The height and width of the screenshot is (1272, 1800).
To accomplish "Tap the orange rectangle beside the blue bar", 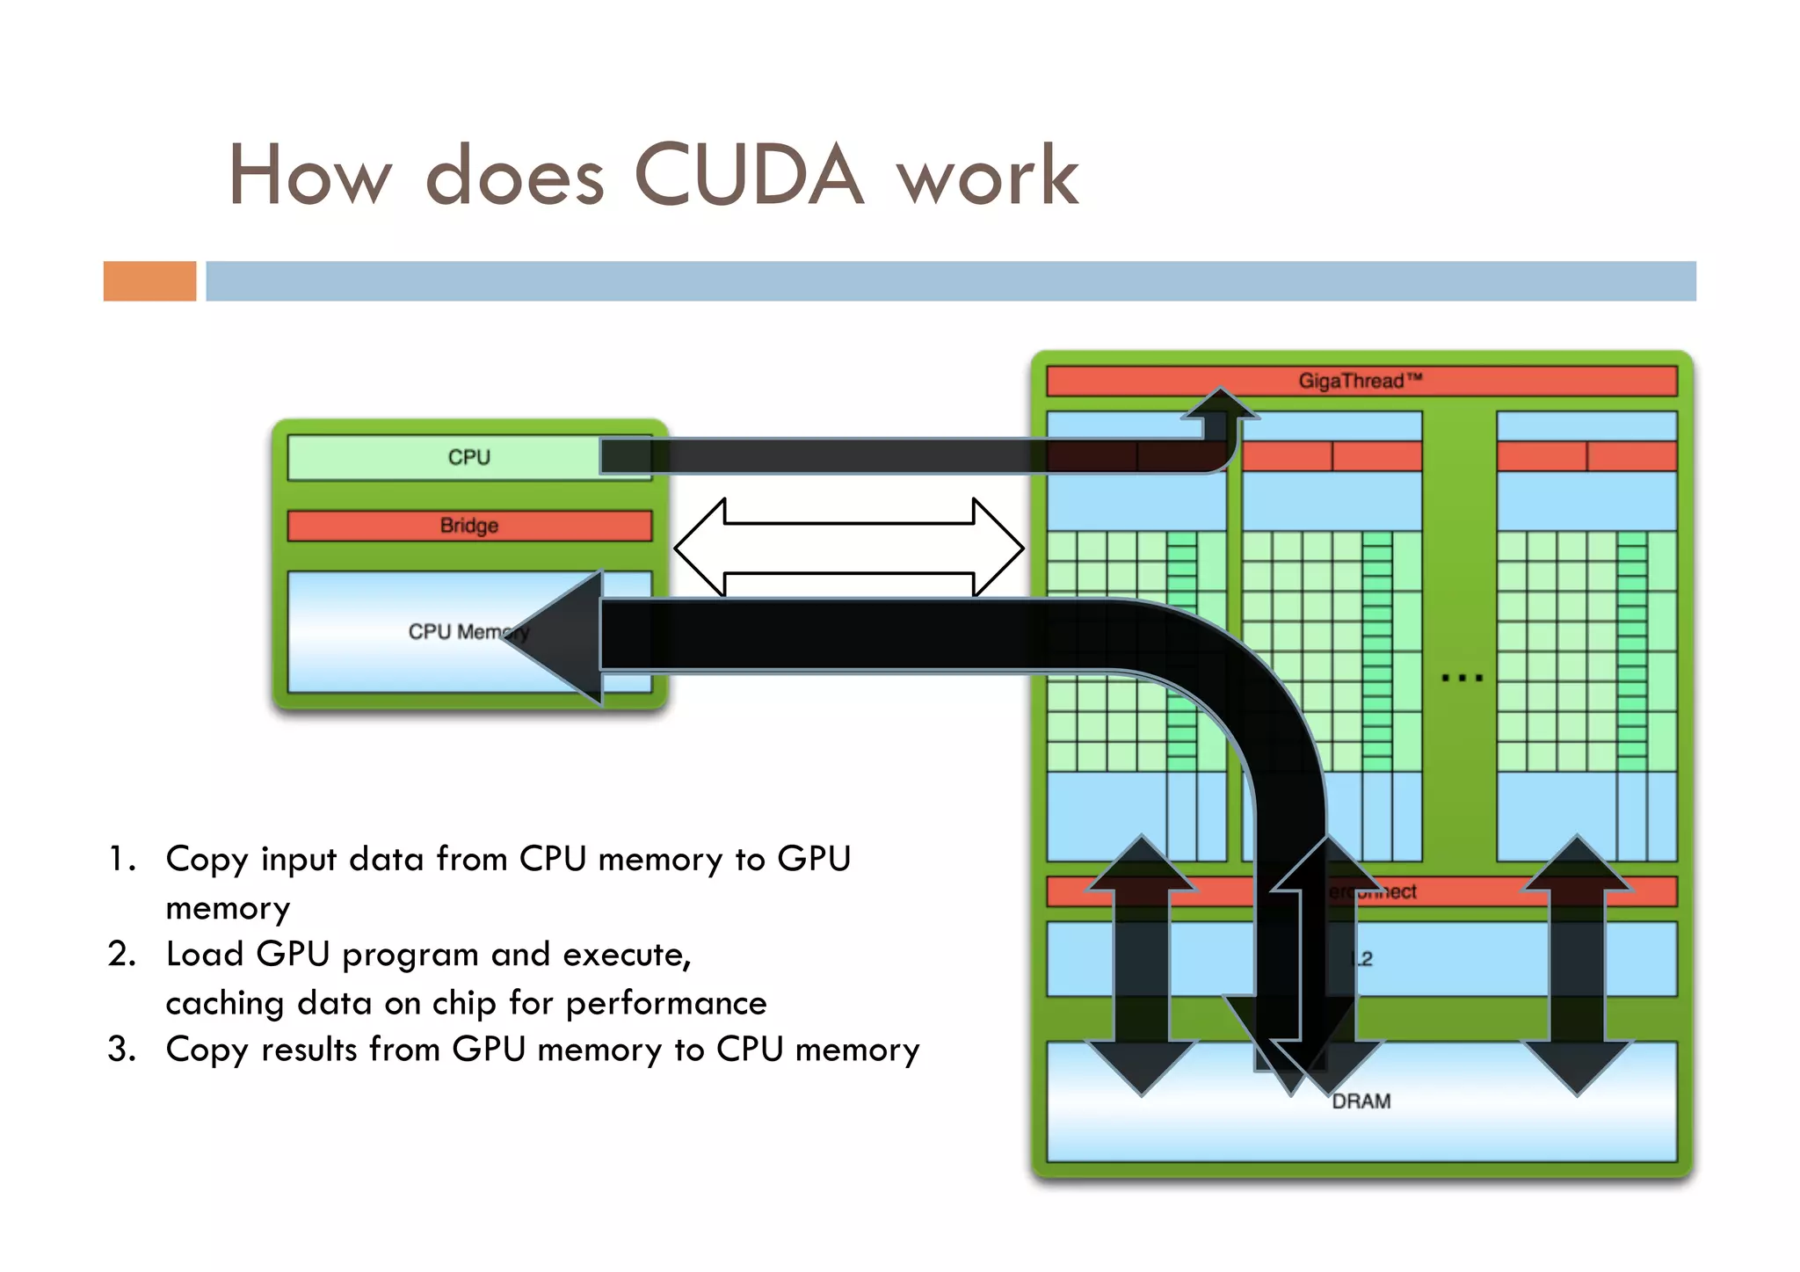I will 149,281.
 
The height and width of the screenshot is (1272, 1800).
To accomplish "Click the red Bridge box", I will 469,526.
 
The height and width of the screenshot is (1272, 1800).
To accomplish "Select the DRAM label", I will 1361,1101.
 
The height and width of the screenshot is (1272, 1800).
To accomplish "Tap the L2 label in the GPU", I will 1362,959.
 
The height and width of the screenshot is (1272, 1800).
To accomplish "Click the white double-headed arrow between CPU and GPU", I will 849,548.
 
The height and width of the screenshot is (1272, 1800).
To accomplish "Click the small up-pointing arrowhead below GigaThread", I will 1220,403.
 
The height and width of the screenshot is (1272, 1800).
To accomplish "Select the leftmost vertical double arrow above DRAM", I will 1141,965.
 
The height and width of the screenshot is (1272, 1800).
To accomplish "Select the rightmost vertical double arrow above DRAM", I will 1578,965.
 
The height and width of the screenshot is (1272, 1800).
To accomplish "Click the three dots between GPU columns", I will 1462,678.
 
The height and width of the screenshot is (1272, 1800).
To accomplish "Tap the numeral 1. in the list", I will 122,859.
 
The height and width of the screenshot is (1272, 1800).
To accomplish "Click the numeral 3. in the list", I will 122,1050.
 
